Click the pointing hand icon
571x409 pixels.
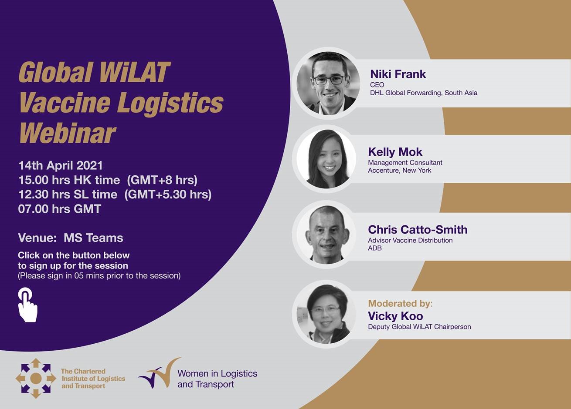coord(27,305)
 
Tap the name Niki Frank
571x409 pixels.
coord(398,74)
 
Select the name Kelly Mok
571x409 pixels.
coord(395,152)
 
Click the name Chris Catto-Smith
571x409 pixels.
coord(418,230)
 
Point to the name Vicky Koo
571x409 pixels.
coord(395,316)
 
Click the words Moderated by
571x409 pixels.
coord(399,303)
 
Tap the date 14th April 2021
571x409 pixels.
coord(61,165)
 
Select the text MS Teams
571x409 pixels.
coord(94,238)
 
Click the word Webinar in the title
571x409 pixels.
coord(68,134)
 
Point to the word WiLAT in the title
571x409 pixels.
coord(135,72)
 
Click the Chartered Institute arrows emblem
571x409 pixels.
coord(36,379)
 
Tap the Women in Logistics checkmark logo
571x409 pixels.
coord(160,373)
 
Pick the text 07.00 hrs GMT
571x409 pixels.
coord(60,209)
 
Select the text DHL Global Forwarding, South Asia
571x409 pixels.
coord(424,93)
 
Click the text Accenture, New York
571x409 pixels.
coord(399,170)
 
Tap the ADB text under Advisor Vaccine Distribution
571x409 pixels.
coord(375,248)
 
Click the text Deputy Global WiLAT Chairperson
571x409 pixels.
coord(419,327)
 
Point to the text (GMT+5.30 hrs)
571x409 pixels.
coord(168,194)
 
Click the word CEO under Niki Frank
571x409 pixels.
coord(377,85)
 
